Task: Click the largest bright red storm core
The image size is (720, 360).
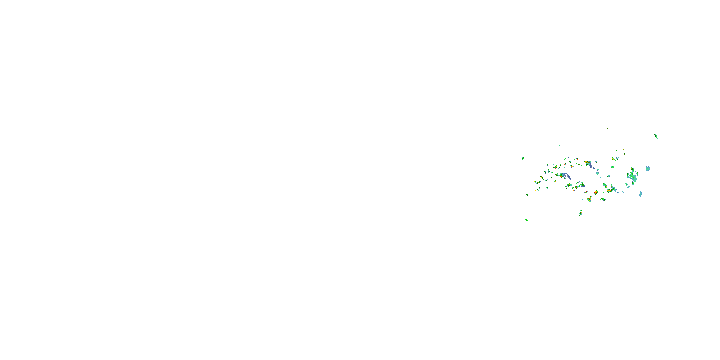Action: [x=596, y=192]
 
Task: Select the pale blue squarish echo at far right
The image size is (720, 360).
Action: [x=648, y=168]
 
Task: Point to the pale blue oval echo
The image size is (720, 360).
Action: [x=640, y=194]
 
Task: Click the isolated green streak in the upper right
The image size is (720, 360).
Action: [x=656, y=136]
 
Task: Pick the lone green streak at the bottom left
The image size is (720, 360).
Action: [x=526, y=220]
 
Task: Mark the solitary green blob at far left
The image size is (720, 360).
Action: [x=523, y=158]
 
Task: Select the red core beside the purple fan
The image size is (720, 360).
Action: [x=561, y=176]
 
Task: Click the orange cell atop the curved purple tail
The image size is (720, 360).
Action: [x=587, y=162]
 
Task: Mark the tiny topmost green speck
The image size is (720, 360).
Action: [x=608, y=129]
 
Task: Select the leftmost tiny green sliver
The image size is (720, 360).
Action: [x=519, y=199]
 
